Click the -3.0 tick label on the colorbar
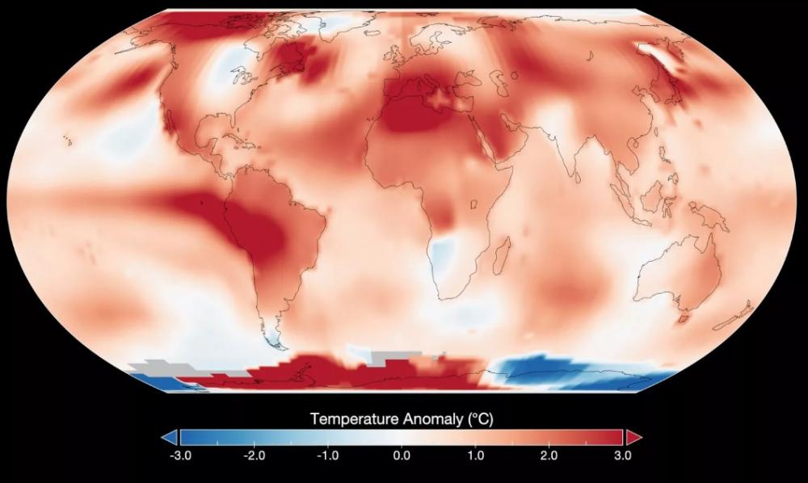coord(180,456)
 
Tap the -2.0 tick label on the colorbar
coord(254,456)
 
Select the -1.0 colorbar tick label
coord(327,456)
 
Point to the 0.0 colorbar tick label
coord(402,456)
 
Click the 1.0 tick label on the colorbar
coord(475,456)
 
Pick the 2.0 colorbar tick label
coord(549,456)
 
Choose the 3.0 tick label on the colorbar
coord(622,456)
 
